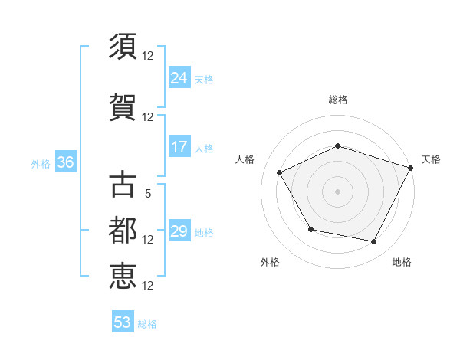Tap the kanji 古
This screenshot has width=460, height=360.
pos(123,185)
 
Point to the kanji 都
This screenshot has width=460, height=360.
pos(123,231)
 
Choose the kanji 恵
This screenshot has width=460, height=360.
pos(123,276)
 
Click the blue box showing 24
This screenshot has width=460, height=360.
pos(179,78)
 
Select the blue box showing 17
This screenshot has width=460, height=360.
pos(179,147)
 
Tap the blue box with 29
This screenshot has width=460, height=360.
pos(179,231)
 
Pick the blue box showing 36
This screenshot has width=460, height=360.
pos(65,162)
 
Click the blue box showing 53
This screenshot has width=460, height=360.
pos(122,322)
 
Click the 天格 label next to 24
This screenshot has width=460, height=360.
pos(204,80)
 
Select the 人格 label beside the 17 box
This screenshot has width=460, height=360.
pos(204,149)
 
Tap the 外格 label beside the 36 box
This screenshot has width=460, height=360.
pos(41,163)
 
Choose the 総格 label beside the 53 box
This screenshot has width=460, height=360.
pos(147,324)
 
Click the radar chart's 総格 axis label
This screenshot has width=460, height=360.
pos(337,100)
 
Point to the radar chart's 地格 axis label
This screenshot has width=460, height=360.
pos(402,262)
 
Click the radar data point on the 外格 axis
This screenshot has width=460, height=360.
pos(310,229)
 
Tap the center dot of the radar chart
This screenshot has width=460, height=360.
pos(337,191)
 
